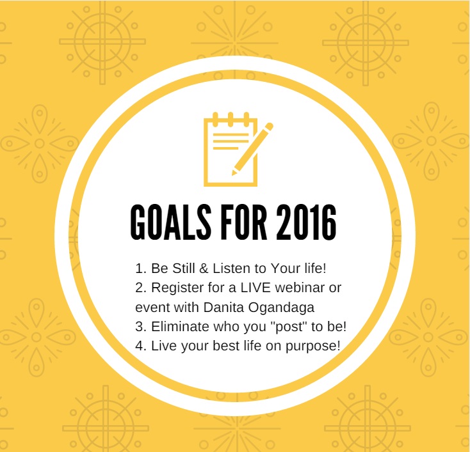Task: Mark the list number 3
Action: pyautogui.click(x=140, y=327)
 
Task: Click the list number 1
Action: pyautogui.click(x=140, y=268)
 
